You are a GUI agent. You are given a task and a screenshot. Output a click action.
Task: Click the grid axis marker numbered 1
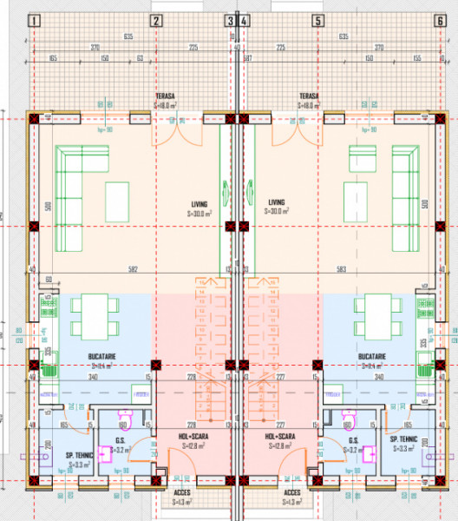pyautogui.click(x=34, y=21)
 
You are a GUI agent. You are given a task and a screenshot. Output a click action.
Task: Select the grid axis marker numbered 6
pyautogui.click(x=440, y=21)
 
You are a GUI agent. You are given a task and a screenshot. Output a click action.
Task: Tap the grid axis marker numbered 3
pyautogui.click(x=230, y=21)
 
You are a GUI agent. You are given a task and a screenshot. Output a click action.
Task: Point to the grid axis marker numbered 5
pyautogui.click(x=317, y=21)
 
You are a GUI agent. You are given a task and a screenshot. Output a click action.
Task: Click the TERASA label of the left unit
pyautogui.click(x=166, y=96)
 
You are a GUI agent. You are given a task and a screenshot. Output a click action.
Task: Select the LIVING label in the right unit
pyautogui.click(x=277, y=202)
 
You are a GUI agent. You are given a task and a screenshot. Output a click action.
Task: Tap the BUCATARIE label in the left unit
pyautogui.click(x=102, y=357)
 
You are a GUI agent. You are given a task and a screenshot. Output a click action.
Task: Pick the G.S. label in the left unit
pyautogui.click(x=121, y=440)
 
